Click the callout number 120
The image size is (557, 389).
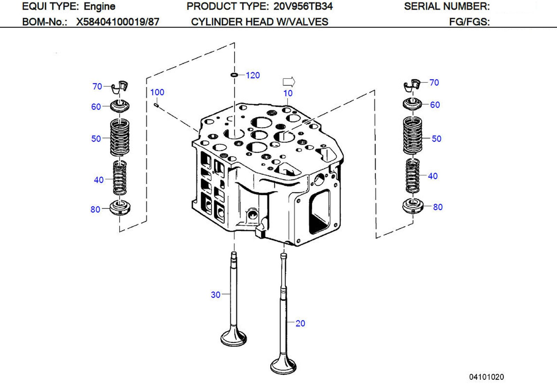click(253, 75)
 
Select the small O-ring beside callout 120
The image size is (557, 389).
click(234, 75)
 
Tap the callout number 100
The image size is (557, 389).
click(157, 92)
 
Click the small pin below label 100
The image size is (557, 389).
click(157, 104)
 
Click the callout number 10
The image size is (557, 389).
click(288, 94)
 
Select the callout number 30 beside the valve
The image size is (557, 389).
click(216, 295)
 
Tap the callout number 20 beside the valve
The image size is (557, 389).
click(300, 324)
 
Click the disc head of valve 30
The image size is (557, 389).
click(234, 338)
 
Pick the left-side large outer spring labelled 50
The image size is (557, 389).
click(120, 138)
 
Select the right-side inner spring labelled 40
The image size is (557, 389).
click(413, 176)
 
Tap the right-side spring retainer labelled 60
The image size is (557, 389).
click(413, 104)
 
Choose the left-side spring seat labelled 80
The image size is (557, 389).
click(120, 208)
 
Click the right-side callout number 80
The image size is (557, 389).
click(438, 207)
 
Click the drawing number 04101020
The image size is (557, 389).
click(486, 377)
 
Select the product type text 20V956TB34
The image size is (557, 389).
click(303, 6)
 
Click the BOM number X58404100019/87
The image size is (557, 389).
click(118, 22)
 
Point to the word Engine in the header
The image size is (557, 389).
click(100, 6)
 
